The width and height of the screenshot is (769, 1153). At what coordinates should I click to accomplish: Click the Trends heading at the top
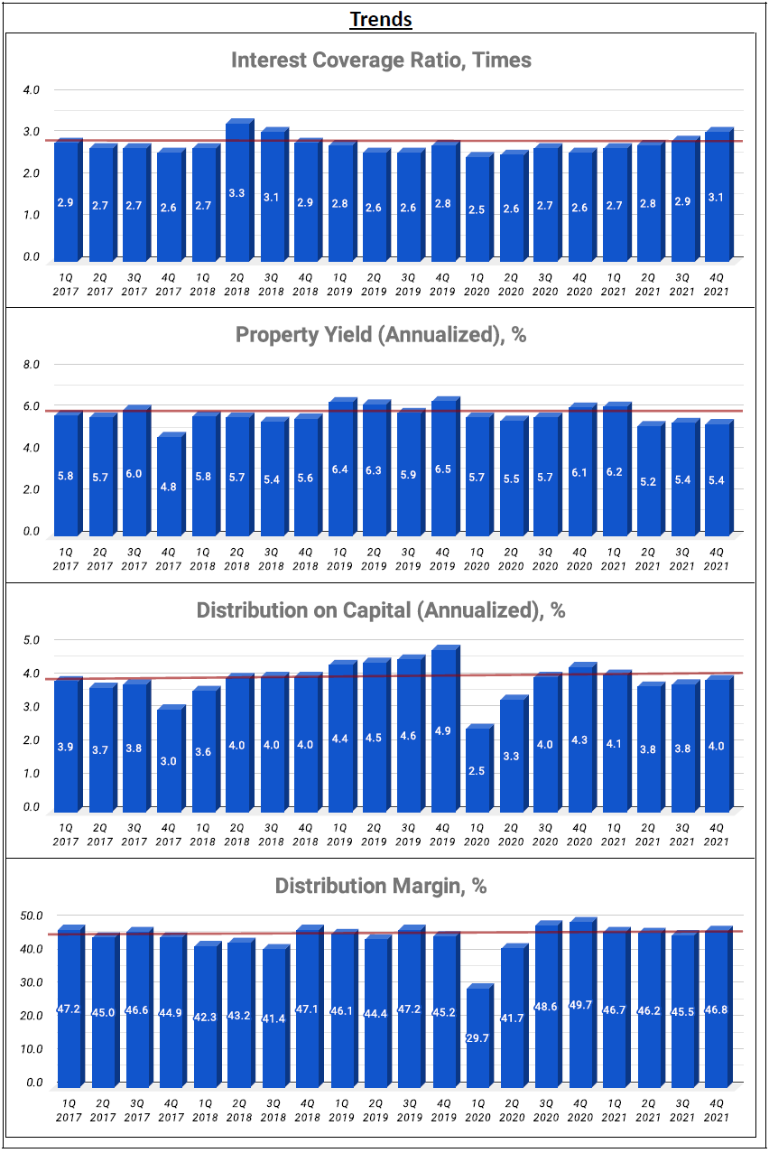pyautogui.click(x=381, y=19)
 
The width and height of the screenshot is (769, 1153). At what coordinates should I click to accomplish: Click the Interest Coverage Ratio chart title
pyautogui.click(x=381, y=60)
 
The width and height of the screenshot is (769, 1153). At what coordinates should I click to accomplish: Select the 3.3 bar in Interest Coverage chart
pyautogui.click(x=236, y=191)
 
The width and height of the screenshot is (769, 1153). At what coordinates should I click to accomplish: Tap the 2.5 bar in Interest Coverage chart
pyautogui.click(x=477, y=208)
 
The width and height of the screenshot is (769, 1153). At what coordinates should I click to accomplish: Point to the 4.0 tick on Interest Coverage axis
pyautogui.click(x=32, y=90)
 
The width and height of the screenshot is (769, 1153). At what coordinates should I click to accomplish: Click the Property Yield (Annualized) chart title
pyautogui.click(x=381, y=335)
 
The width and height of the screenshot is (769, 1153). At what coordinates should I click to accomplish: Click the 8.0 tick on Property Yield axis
pyautogui.click(x=32, y=365)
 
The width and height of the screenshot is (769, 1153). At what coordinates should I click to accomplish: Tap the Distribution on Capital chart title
pyautogui.click(x=381, y=610)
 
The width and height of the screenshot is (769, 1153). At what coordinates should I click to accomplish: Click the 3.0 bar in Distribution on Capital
pyautogui.click(x=168, y=760)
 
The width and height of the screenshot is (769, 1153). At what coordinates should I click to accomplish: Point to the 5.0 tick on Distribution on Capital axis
pyautogui.click(x=32, y=640)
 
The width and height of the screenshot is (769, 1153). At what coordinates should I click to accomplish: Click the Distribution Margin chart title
pyautogui.click(x=381, y=886)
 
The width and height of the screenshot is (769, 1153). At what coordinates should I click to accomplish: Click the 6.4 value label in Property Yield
pyautogui.click(x=339, y=470)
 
